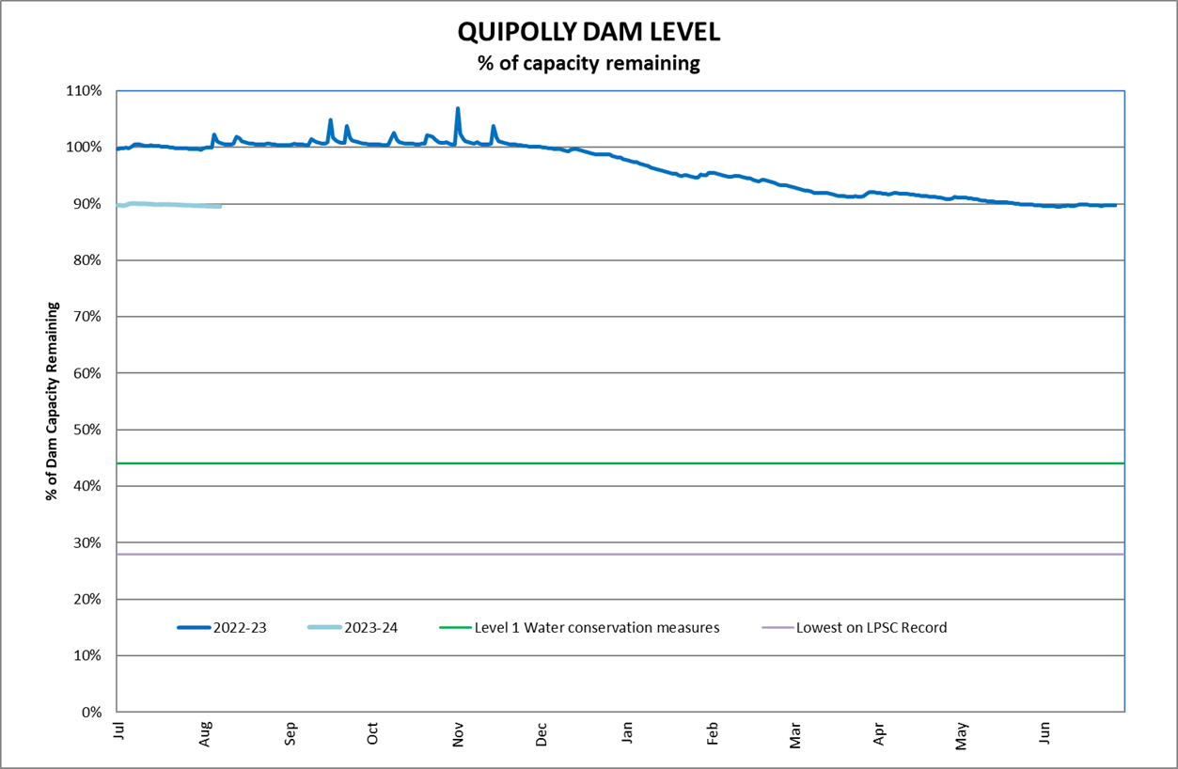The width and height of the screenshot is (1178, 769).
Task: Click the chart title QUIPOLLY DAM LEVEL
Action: [x=589, y=31]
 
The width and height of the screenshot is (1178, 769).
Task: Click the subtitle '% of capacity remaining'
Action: [x=589, y=64]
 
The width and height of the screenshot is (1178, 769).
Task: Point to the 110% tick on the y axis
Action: [x=84, y=91]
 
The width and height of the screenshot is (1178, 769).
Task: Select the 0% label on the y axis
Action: [x=91, y=712]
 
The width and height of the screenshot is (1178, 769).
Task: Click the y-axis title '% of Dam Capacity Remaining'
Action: [x=54, y=401]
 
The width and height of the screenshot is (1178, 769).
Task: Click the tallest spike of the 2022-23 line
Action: [x=458, y=109]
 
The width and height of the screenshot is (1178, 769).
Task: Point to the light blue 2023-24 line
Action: [x=169, y=205]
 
